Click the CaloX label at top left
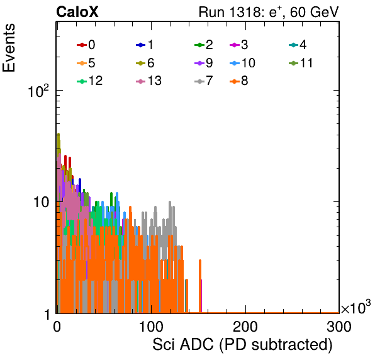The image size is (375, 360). click(x=77, y=12)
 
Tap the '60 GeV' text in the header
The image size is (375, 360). click(x=314, y=12)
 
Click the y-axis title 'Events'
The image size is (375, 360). click(x=9, y=48)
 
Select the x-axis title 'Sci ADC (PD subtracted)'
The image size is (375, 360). click(x=242, y=345)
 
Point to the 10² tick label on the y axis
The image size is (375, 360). click(x=38, y=91)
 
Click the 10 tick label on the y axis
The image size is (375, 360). click(x=41, y=202)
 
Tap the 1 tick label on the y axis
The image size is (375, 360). click(x=47, y=315)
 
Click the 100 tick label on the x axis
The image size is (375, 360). click(x=152, y=327)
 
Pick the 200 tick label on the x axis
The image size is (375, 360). click(x=245, y=327)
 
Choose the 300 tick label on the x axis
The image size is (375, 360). click(x=339, y=327)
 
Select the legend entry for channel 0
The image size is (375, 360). click(x=86, y=45)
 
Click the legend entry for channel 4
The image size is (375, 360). click(x=298, y=45)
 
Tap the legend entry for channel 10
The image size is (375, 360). click(x=242, y=63)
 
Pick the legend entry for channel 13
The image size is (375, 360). click(x=148, y=81)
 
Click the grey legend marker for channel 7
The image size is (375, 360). click(x=199, y=81)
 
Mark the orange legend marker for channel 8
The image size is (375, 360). click(x=235, y=81)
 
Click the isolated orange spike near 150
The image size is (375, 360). click(x=200, y=286)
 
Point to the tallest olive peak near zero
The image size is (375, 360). click(x=59, y=135)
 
